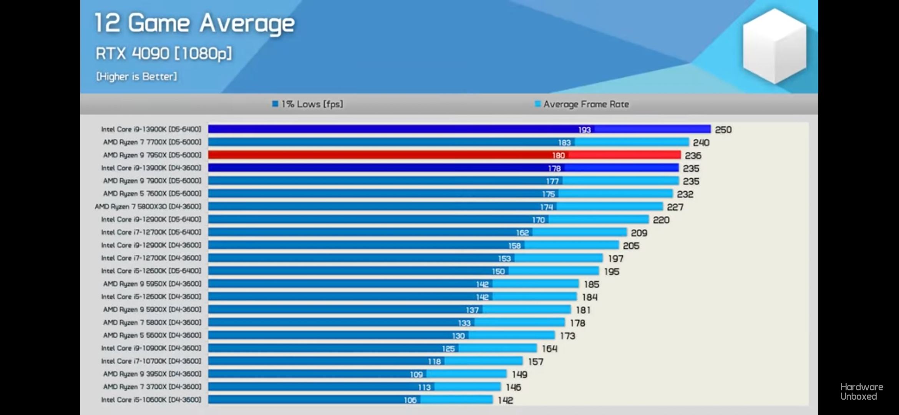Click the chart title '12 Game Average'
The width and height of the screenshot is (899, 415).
(194, 24)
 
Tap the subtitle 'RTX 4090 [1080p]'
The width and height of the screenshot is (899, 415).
(164, 53)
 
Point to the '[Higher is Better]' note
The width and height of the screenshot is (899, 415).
(137, 76)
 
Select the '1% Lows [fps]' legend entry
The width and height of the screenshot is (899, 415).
(308, 104)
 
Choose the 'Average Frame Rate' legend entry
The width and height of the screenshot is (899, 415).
(582, 104)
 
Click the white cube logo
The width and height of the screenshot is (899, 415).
(774, 46)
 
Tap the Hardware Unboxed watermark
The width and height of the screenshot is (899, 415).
(861, 392)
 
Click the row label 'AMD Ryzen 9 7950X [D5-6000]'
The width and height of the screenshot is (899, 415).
(152, 155)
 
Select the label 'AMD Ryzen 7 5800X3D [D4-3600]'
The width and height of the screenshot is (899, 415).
(148, 206)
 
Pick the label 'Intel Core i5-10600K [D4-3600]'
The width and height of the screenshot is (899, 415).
(151, 400)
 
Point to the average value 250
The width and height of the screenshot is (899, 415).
(723, 130)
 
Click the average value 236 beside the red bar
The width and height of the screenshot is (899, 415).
(693, 156)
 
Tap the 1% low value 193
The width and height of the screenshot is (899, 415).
(584, 130)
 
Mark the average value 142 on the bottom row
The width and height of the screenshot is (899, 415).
(506, 400)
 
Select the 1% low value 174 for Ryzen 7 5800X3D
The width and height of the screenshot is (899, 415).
(546, 207)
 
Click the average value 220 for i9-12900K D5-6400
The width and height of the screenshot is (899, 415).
(661, 220)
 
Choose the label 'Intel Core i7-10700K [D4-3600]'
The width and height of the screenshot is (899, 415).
(151, 361)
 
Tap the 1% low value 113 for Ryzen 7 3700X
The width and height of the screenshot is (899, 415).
(424, 387)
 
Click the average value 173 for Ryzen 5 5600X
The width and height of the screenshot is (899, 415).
(567, 336)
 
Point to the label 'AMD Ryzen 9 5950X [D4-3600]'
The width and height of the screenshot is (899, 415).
(152, 284)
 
